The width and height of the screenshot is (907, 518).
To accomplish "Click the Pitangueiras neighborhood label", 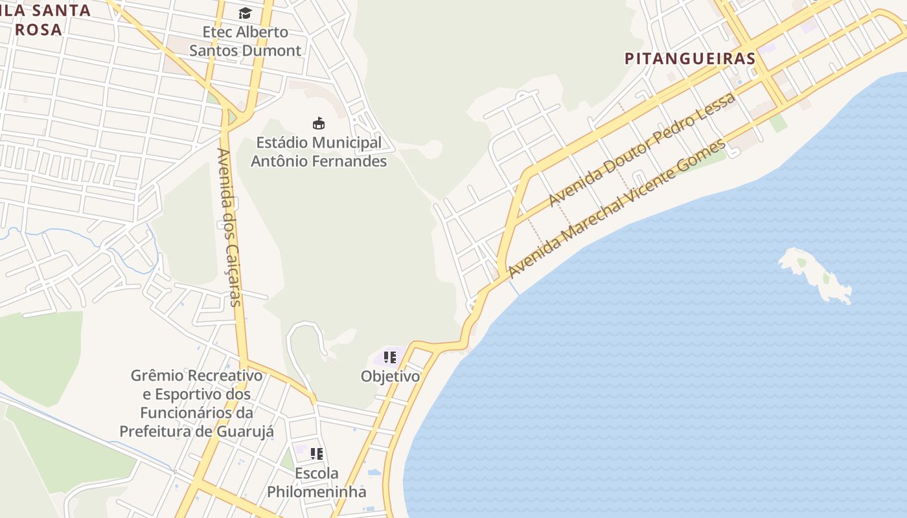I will tap(690, 58).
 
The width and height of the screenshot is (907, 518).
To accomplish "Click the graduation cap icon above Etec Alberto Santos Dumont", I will tap(245, 13).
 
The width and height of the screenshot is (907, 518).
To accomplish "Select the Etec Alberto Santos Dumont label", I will tap(245, 41).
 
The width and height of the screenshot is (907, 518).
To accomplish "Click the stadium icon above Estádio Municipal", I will tap(318, 123).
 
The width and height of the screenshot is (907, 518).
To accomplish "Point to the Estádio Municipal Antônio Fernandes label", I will tap(318, 152).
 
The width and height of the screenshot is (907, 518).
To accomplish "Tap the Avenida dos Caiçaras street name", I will tap(229, 227).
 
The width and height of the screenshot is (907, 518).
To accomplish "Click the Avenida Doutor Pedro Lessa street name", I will tap(641, 150).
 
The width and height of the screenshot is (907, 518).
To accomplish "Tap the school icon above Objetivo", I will tap(389, 357).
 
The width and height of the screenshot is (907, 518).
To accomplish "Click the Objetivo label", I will tap(390, 376).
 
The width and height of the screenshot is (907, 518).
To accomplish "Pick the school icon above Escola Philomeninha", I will tap(316, 453).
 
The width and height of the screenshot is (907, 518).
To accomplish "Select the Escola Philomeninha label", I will tap(316, 482).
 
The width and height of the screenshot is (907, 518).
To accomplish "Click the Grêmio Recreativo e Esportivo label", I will tap(197, 403).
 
